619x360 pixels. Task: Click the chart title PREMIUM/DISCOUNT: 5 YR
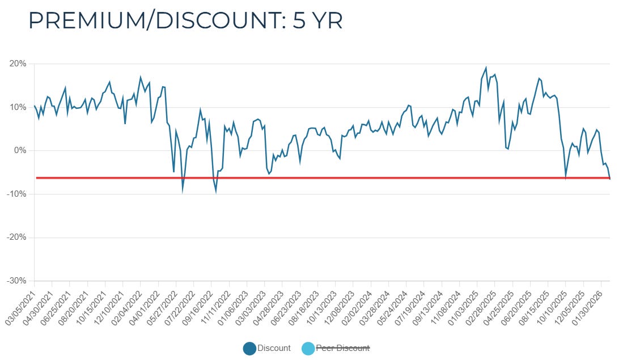point(185,21)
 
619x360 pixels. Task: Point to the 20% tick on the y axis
point(18,63)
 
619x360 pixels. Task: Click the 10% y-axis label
point(18,107)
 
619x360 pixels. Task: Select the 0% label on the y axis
point(20,151)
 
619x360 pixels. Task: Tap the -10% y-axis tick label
point(16,194)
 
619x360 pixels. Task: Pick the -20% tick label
point(16,238)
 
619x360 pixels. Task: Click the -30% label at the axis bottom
point(16,281)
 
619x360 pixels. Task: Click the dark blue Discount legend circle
point(249,349)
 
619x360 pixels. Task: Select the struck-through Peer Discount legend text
point(343,348)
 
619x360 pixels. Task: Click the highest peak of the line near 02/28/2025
point(486,67)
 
